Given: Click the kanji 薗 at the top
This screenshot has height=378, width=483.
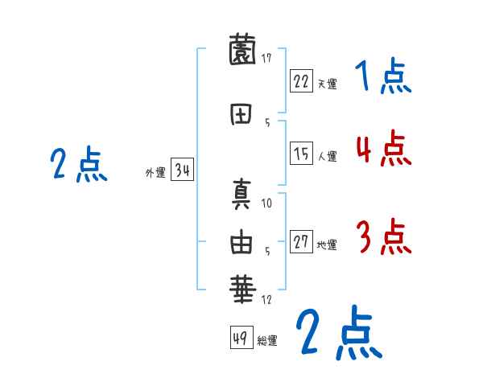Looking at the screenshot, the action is pos(242,51).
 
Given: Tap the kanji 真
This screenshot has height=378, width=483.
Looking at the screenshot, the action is pos(242,195).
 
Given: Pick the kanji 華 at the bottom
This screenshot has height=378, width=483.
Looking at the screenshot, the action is pos(242,288).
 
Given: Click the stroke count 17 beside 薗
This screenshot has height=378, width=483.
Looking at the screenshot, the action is pos(266,58).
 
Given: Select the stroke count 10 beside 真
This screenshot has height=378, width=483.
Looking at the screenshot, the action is pos(267,203).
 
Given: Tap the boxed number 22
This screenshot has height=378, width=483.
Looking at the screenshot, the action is pos(301,80).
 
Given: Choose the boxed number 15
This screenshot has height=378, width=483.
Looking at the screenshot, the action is pos(301,154).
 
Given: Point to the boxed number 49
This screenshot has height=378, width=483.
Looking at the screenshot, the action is pos(241,337).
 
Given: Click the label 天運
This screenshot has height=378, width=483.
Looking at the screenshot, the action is pos(327,84).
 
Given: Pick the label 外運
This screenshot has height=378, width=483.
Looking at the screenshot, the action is pos(155,172).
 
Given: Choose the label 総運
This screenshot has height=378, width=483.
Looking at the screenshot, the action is pos(267,340).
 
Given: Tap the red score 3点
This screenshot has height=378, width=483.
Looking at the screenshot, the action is pos(383,237).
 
